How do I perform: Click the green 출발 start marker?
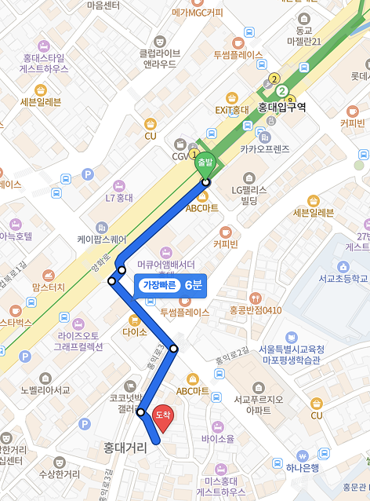[x=205, y=162]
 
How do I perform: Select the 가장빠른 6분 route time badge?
[x=171, y=285]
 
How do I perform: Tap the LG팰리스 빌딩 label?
[x=249, y=196]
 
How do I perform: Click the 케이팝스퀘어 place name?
[x=101, y=239]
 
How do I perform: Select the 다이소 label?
[x=135, y=332]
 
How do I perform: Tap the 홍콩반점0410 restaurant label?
[x=256, y=310]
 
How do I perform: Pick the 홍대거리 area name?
[x=125, y=448]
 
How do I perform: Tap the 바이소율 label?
[x=217, y=438]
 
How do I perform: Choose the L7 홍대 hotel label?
[x=119, y=199]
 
